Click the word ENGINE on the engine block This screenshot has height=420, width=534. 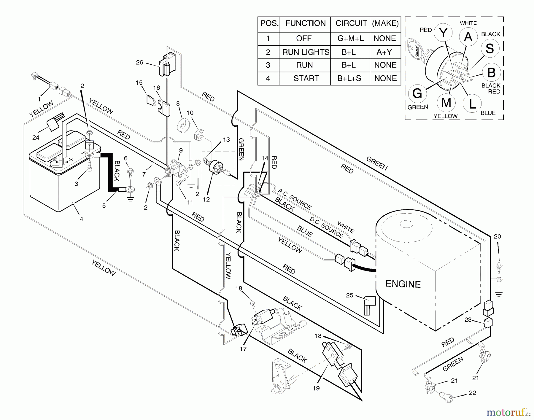tap(403, 284)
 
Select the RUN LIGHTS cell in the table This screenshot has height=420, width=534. tap(306, 52)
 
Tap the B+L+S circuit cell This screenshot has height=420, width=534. tap(349, 78)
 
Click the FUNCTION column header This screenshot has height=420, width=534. tap(305, 23)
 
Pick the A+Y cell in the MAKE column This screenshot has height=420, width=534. tap(384, 52)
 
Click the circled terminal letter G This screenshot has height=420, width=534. tap(417, 94)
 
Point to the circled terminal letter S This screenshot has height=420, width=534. tap(490, 48)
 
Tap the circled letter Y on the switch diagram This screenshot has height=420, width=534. tap(443, 33)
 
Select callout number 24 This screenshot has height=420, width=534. tap(36, 138)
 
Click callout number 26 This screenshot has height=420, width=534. tap(139, 62)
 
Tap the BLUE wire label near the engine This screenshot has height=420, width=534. tap(305, 232)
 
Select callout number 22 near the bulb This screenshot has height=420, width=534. tap(472, 393)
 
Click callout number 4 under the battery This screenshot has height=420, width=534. tap(81, 219)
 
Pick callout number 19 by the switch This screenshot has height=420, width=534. tap(316, 388)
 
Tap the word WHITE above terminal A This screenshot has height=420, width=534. tap(468, 23)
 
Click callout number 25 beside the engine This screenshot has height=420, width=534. tap(350, 295)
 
